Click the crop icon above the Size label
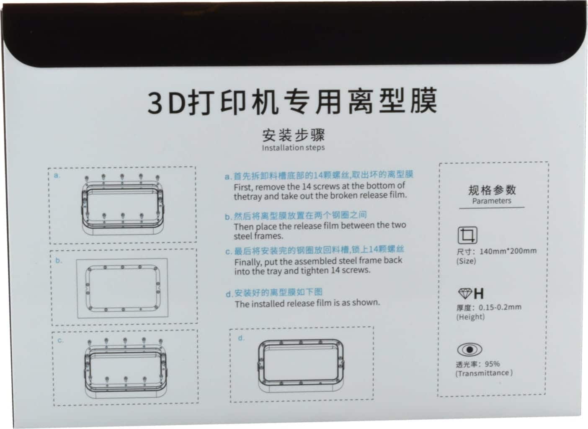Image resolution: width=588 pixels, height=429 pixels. point(467,235)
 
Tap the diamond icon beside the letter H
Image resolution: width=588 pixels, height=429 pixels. point(465,294)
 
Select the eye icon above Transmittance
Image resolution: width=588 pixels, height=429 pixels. point(469,349)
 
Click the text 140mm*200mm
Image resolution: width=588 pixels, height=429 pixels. point(508,251)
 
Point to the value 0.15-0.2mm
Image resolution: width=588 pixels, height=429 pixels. point(500,307)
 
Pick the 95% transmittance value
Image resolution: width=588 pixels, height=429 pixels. point(492,364)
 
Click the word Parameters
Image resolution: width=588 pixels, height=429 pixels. point(492,201)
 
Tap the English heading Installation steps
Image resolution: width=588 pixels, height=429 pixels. point(293,147)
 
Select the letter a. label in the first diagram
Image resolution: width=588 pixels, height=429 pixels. point(57,176)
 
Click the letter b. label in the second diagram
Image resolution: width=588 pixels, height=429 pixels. point(59,260)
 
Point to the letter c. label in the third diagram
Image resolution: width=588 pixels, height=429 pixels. point(60,340)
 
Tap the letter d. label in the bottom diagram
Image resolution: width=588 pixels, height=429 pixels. point(241,338)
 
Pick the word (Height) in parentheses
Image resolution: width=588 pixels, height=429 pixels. point(470,317)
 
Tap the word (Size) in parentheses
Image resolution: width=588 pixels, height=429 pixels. point(466,261)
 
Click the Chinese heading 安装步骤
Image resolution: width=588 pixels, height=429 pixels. point(294,135)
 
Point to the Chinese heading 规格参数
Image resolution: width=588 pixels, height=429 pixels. point(492,190)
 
